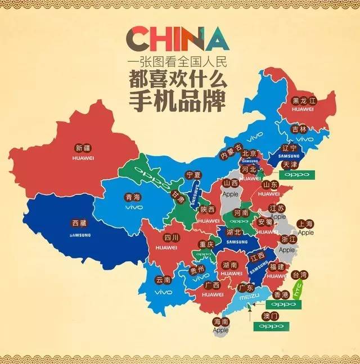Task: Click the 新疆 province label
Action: point(82,149)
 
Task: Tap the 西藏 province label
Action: point(80,222)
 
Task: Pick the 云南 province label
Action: point(163,279)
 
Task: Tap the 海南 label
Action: point(221,322)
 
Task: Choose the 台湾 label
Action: point(301,275)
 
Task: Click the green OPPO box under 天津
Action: point(296,175)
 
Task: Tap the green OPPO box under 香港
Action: point(283,304)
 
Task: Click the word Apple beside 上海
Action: point(306,232)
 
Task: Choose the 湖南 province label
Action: point(229,264)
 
